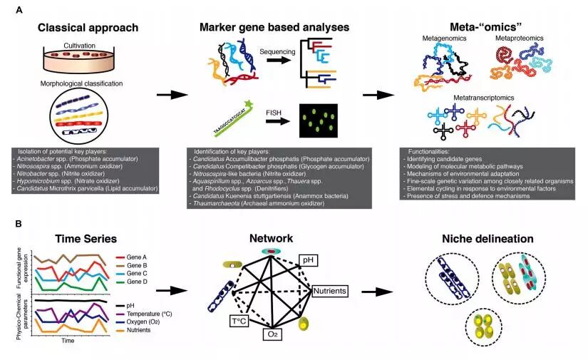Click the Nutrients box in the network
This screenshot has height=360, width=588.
[329, 291]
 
